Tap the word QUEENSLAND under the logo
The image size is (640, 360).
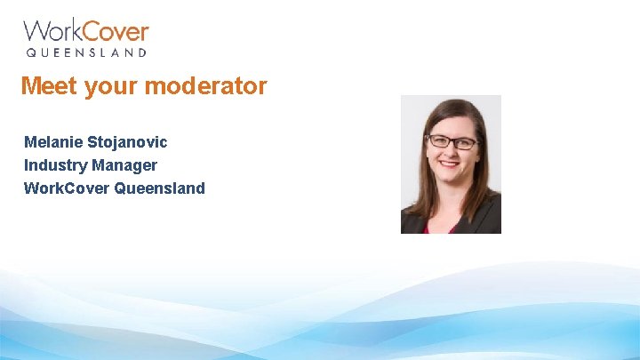[x=86, y=53]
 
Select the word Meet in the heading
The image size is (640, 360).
[x=44, y=86]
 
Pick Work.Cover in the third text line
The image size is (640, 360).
[x=67, y=188]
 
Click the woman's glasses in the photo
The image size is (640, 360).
[x=452, y=141]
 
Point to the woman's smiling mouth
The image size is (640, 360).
[x=450, y=164]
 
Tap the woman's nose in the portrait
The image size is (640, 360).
[x=451, y=151]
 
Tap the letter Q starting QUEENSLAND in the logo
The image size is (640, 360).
[x=30, y=53]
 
